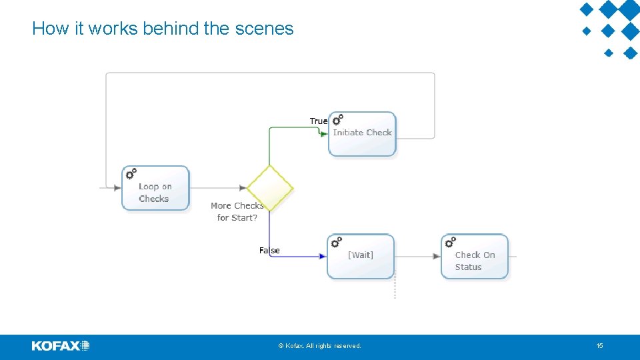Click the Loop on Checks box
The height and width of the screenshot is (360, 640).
[155, 189]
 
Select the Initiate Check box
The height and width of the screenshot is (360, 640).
[362, 134]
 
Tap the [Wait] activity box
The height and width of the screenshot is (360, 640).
[361, 256]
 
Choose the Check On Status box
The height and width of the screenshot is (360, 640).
[475, 257]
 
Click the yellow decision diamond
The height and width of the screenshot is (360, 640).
[270, 188]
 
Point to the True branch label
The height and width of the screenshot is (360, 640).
[319, 121]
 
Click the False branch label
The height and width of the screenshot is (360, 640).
[269, 251]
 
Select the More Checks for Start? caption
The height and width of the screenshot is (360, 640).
[237, 212]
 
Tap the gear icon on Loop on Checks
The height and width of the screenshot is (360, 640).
[131, 174]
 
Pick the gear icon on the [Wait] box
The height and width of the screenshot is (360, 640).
[336, 241]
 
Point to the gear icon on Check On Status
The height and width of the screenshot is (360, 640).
[450, 241]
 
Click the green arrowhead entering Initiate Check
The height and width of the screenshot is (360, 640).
[324, 133]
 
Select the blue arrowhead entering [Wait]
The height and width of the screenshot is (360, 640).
[323, 256]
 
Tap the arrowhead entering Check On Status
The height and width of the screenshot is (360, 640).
[437, 256]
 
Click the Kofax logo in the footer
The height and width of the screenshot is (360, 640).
[61, 346]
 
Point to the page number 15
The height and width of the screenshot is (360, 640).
[599, 346]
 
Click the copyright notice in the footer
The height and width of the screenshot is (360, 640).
[320, 346]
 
